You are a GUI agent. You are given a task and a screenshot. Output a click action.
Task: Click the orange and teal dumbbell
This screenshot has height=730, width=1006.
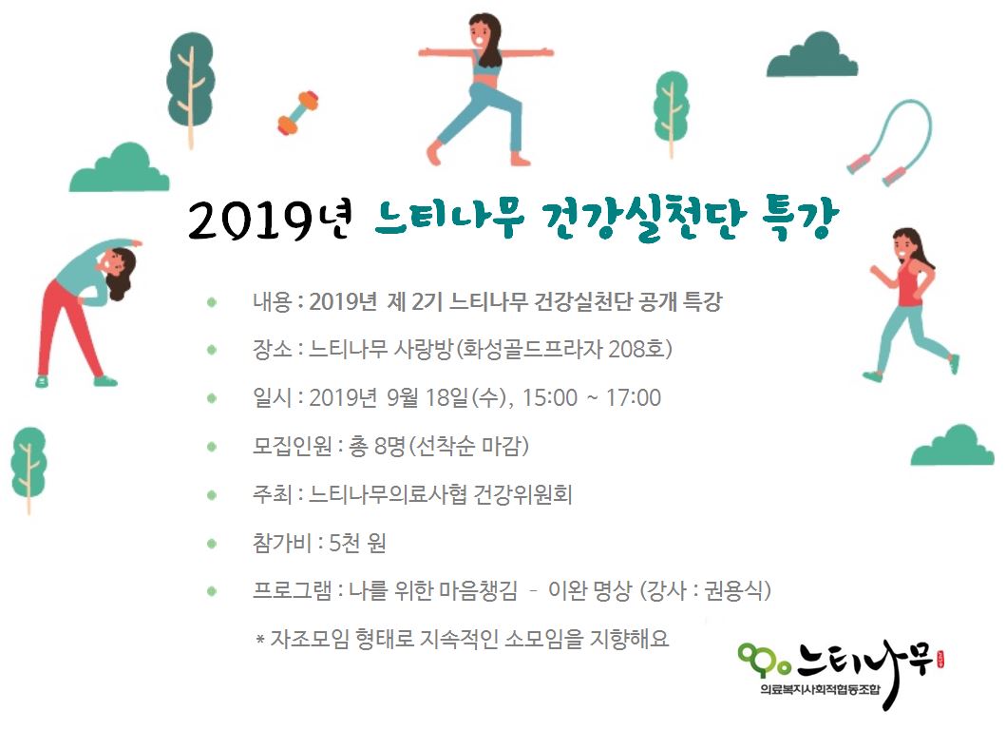pyautogui.click(x=297, y=113)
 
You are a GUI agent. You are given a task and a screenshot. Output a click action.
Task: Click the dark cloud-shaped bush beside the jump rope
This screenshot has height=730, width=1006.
pyautogui.click(x=812, y=55)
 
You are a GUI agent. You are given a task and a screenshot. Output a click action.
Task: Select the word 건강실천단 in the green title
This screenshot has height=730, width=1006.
pyautogui.click(x=643, y=218)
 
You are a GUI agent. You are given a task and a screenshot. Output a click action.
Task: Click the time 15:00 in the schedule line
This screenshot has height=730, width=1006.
pyautogui.click(x=549, y=398)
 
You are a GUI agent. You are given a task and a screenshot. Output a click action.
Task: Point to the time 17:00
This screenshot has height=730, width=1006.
pyautogui.click(x=634, y=398)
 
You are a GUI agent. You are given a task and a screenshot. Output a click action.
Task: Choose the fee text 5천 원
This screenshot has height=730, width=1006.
pyautogui.click(x=357, y=543)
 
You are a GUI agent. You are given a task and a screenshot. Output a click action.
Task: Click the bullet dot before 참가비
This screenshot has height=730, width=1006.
pyautogui.click(x=212, y=544)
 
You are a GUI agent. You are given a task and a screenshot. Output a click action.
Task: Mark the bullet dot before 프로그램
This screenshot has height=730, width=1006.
pyautogui.click(x=212, y=591)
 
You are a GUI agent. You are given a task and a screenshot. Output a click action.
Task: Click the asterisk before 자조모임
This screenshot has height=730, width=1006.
pyautogui.click(x=260, y=639)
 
